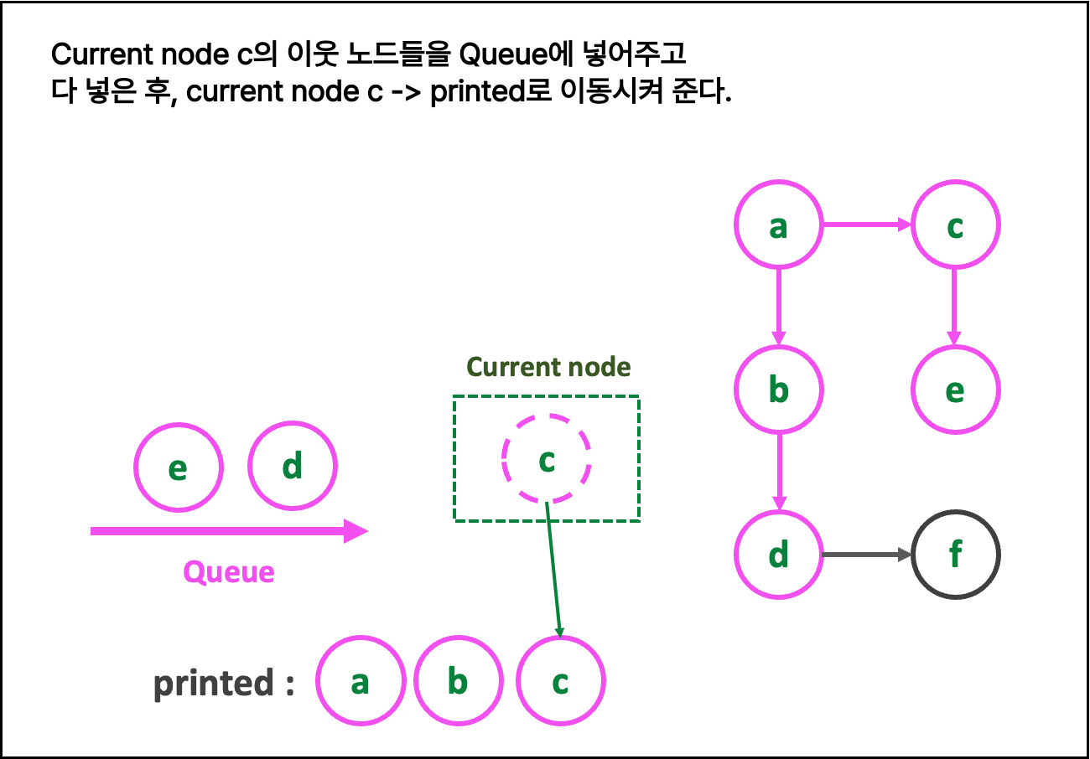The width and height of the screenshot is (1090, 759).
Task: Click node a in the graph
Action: point(779,225)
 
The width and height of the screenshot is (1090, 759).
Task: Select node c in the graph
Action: point(955,225)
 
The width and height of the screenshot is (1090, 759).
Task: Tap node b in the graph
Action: point(779,390)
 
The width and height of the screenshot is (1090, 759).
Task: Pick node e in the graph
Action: point(955,390)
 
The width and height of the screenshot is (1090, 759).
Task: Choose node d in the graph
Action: point(779,555)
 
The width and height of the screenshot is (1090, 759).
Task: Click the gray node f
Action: point(955,555)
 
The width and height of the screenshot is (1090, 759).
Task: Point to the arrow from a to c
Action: point(866,225)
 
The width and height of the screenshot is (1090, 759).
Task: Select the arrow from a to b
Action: point(779,307)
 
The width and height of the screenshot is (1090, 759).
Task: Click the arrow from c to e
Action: point(954,307)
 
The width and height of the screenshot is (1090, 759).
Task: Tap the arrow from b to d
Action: point(779,472)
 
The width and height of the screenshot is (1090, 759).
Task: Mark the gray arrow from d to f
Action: point(866,555)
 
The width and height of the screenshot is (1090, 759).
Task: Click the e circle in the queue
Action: point(179,467)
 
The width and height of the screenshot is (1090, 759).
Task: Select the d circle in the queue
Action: point(293,465)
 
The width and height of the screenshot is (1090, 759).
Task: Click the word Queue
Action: point(229,572)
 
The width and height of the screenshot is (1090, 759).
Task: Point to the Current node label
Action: point(548,367)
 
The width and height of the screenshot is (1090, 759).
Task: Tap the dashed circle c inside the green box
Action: point(547,459)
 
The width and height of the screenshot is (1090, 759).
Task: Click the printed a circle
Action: point(361,681)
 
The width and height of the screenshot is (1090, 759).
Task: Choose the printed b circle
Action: point(458,681)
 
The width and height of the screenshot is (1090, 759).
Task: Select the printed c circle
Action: point(560,681)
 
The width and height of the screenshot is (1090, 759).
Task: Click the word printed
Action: point(215,684)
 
